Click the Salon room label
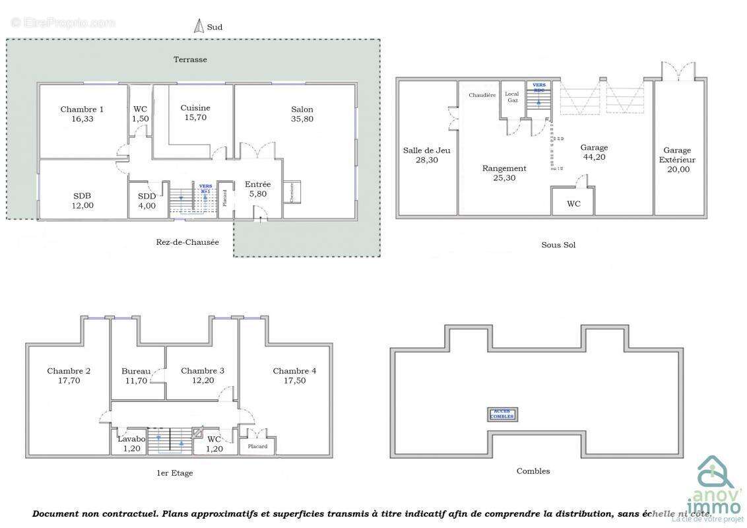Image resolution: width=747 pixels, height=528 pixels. tap(302, 114)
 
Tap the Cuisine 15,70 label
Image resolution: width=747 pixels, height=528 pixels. tap(195, 112)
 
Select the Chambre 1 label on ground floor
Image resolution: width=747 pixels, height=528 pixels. tap(82, 114)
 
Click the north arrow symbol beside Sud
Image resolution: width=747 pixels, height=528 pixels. tap(197, 26)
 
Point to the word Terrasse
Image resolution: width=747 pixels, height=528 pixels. tap(190, 59)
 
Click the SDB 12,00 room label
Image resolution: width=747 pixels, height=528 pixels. tap(82, 201)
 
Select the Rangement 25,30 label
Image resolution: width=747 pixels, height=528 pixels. tap(504, 173)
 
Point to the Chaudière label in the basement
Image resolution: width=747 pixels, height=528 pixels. tap(482, 96)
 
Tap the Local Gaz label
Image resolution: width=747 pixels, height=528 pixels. tap(512, 97)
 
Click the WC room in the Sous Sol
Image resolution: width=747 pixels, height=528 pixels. tap(573, 204)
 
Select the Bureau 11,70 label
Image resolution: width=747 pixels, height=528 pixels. tap(136, 376)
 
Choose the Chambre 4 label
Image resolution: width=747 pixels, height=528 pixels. tap(294, 376)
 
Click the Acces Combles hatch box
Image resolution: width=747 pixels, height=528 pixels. tap(503, 414)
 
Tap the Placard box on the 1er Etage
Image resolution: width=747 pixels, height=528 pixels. tap(257, 447)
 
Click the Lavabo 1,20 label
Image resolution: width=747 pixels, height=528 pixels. tap(129, 444)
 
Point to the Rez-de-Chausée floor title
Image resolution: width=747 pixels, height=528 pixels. tap(187, 242)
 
